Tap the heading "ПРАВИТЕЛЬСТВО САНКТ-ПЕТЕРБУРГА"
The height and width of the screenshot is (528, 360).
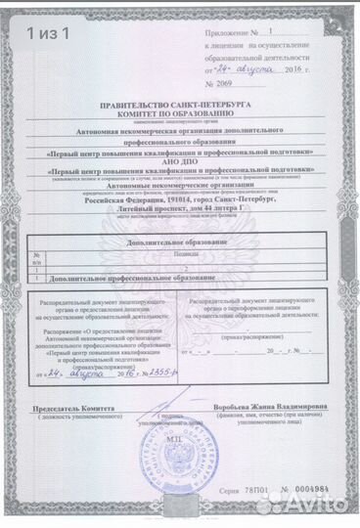179,103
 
